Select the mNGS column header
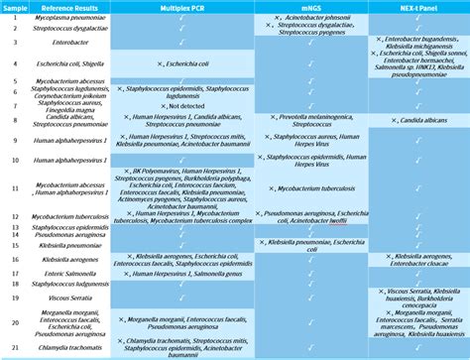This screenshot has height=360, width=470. point(312,7)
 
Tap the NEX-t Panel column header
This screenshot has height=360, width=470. point(418,7)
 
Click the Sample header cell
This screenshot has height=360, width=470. point(15,7)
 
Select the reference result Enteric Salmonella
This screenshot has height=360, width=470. point(66,274)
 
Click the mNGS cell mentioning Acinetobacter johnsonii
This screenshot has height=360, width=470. point(312,18)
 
